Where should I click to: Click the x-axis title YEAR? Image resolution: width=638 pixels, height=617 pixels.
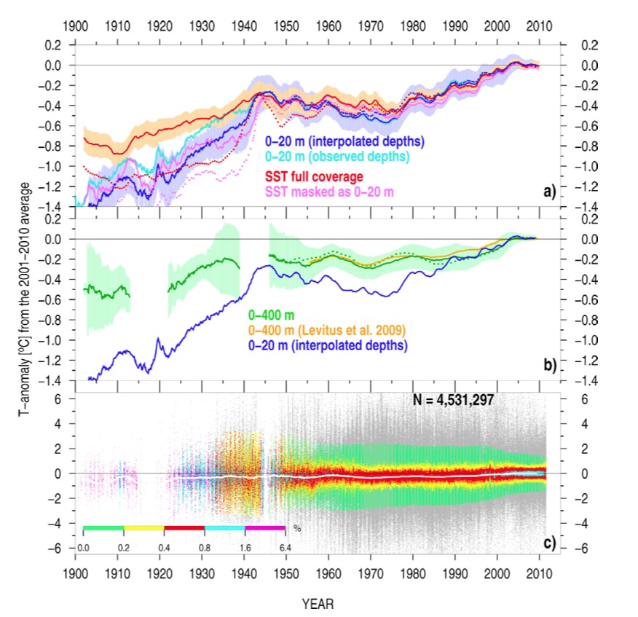coord(318,604)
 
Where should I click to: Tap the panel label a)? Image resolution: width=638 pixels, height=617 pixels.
coord(549,192)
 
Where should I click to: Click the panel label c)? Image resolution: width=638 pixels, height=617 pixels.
coord(549,541)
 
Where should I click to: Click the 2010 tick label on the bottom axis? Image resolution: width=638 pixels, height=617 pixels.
coord(540,573)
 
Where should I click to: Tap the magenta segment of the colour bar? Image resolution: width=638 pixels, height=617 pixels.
coord(266,527)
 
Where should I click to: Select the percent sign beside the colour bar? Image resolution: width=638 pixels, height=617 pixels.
coord(296,527)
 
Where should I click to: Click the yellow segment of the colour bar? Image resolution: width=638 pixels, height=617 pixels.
coord(144,527)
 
